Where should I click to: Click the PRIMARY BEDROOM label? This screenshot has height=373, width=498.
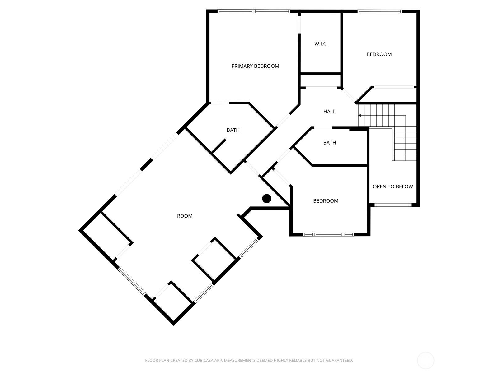click(255, 66)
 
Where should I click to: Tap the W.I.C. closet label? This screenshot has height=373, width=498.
click(321, 44)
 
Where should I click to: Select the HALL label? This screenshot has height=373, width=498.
click(329, 111)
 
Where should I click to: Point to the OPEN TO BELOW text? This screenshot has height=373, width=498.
click(393, 186)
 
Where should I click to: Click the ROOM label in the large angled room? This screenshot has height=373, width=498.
click(185, 216)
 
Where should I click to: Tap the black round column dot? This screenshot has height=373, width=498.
click(267, 199)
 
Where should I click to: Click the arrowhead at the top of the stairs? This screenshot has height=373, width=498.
click(359, 115)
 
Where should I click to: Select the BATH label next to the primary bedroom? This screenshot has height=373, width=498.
click(233, 130)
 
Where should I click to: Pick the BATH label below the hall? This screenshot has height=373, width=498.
click(329, 143)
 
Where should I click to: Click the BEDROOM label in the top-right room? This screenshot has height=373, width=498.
click(379, 54)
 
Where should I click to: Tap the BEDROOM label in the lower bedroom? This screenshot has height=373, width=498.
click(326, 201)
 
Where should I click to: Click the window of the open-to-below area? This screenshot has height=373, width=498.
click(393, 205)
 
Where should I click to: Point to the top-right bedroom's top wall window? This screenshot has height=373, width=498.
click(379, 12)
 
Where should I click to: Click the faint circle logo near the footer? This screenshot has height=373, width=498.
click(425, 361)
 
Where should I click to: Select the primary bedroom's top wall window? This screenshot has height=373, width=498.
click(254, 12)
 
